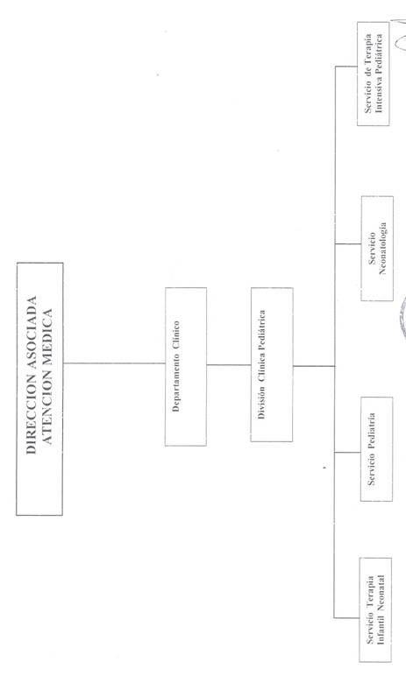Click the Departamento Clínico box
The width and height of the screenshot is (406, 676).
click(x=186, y=366)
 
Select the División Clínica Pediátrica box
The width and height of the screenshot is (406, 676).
click(x=272, y=365)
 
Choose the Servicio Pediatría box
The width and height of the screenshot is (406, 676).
click(x=377, y=449)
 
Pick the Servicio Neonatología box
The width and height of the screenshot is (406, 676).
click(x=377, y=249)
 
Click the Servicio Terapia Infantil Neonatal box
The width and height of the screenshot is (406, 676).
click(x=376, y=609)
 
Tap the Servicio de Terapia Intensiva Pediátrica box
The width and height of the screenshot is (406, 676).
click(x=374, y=74)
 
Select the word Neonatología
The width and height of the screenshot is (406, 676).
click(x=382, y=249)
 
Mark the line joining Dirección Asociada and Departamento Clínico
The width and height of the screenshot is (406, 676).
click(x=114, y=363)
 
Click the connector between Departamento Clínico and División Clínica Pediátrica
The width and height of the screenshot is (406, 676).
click(x=229, y=365)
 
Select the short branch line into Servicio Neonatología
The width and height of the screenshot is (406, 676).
click(x=348, y=244)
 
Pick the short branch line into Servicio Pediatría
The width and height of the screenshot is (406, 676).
click(x=348, y=452)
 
